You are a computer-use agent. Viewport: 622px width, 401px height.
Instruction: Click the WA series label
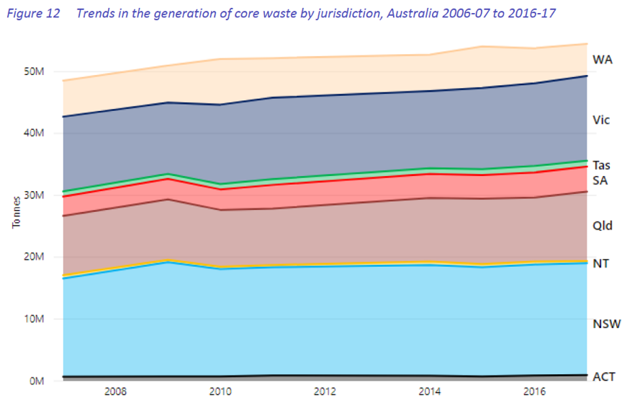point(602,59)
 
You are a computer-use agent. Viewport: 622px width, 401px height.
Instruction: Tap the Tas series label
point(601,165)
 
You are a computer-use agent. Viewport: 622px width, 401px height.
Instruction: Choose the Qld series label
point(602,226)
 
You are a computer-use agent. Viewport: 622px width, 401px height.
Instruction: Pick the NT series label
point(600,263)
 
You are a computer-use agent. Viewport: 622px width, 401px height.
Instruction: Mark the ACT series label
point(603,376)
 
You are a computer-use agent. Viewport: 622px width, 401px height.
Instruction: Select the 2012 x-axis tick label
point(325,392)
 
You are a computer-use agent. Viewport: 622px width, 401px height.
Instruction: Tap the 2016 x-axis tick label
point(536,392)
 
